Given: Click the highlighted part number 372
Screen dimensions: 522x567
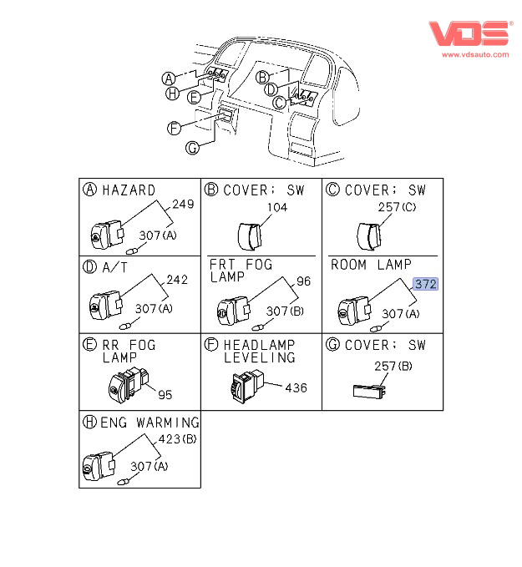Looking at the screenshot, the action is coord(425,284).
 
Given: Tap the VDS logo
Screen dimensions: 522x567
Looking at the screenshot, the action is coord(470,33).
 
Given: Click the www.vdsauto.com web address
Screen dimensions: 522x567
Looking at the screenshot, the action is coord(475,54).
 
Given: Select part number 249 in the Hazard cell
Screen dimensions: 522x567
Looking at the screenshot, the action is coord(183,205).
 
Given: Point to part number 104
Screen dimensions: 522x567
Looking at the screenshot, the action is coord(277,207).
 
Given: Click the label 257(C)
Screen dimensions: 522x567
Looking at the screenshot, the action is coord(397,207).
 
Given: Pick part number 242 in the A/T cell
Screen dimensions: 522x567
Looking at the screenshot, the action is coord(177,280).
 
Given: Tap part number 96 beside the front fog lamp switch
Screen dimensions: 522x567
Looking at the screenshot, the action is coord(303,281).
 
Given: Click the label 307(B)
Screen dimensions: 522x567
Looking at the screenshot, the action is coord(285,311).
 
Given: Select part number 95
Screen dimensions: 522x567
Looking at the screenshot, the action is coord(165,394).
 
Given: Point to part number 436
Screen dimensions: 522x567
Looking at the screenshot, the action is coord(296,388).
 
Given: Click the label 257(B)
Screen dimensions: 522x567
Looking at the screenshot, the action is coord(393,367).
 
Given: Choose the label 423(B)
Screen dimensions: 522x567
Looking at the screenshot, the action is coord(177,439).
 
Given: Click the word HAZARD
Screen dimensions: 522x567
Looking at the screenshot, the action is coord(129,190).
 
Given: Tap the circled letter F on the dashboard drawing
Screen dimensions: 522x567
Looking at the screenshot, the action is coord(174,129).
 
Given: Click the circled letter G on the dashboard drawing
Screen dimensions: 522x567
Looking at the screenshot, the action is coord(192,148).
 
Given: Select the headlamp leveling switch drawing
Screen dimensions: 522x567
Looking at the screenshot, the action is coord(247,386).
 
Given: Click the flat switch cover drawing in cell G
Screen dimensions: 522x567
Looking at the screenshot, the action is coord(369,392).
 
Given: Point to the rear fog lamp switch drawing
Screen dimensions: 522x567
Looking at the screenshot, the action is coord(129,384).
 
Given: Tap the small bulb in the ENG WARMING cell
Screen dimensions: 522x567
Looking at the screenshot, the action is coord(124,482).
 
